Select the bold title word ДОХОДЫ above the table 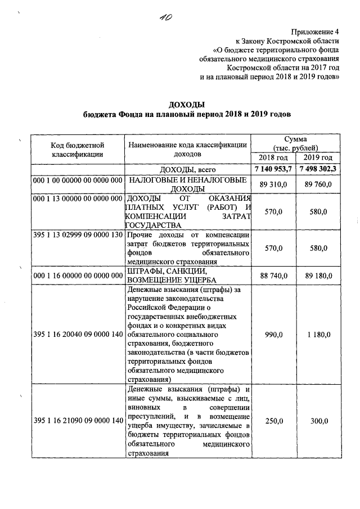(x=186, y=105)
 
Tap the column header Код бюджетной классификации (x=77, y=149)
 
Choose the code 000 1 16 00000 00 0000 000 (x=77, y=275)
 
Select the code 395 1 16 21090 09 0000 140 (x=77, y=421)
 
